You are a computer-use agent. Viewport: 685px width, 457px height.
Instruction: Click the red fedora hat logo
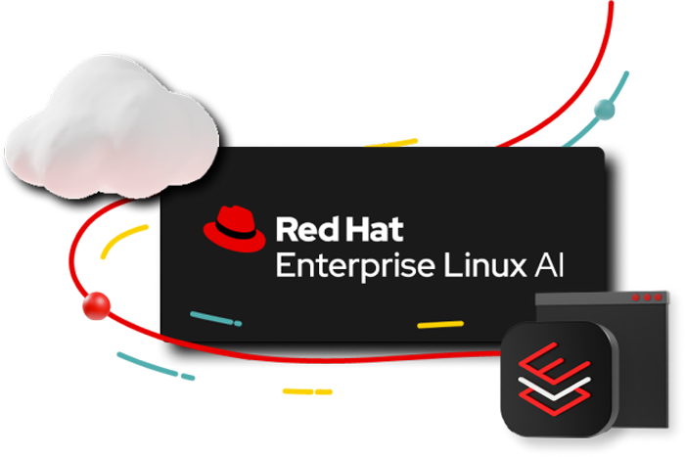(234, 229)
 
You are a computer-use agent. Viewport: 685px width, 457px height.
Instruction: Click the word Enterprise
(355, 266)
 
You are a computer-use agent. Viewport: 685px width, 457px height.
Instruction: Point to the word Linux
(485, 265)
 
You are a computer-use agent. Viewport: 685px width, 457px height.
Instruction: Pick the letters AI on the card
(550, 265)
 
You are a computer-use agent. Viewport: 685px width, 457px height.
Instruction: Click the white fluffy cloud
(112, 127)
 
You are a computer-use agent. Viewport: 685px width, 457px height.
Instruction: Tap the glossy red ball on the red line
(96, 306)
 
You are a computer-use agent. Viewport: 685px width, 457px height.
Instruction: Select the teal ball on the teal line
(605, 110)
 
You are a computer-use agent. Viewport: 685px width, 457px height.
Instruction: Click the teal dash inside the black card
(216, 319)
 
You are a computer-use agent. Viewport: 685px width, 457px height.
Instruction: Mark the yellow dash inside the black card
(440, 325)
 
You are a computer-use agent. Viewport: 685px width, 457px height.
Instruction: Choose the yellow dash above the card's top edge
(391, 143)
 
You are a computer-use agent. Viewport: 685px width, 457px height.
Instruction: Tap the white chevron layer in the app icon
(554, 388)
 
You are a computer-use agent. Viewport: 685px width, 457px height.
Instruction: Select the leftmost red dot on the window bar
(636, 297)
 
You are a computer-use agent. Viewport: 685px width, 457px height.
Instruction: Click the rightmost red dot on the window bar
(658, 297)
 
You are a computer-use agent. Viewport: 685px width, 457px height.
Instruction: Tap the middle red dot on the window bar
(647, 297)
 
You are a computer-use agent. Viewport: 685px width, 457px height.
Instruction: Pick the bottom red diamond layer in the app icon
(554, 399)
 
